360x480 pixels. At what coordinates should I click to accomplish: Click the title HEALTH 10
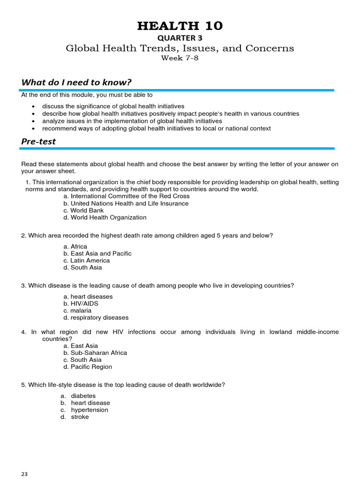(x=180, y=26)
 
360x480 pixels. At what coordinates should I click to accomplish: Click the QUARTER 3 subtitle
(x=180, y=38)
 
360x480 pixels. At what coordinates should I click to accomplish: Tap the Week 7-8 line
(x=180, y=58)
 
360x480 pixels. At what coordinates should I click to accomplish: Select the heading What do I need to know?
(x=76, y=82)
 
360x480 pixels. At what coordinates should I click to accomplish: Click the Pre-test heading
(x=38, y=141)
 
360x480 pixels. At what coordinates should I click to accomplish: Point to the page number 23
(x=24, y=474)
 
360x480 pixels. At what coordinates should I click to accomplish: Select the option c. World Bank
(x=83, y=210)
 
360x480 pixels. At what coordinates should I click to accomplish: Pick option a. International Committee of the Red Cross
(x=127, y=196)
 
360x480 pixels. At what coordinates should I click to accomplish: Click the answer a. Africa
(x=75, y=247)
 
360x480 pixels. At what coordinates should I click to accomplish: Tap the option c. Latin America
(x=86, y=261)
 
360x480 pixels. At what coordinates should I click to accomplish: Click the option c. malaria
(x=77, y=311)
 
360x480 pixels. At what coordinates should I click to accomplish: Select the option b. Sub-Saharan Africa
(x=95, y=353)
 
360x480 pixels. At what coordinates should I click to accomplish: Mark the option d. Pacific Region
(x=88, y=367)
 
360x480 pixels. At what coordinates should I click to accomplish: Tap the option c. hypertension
(x=84, y=410)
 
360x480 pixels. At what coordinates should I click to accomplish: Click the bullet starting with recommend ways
(x=156, y=128)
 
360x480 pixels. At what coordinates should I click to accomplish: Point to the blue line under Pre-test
(x=177, y=149)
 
